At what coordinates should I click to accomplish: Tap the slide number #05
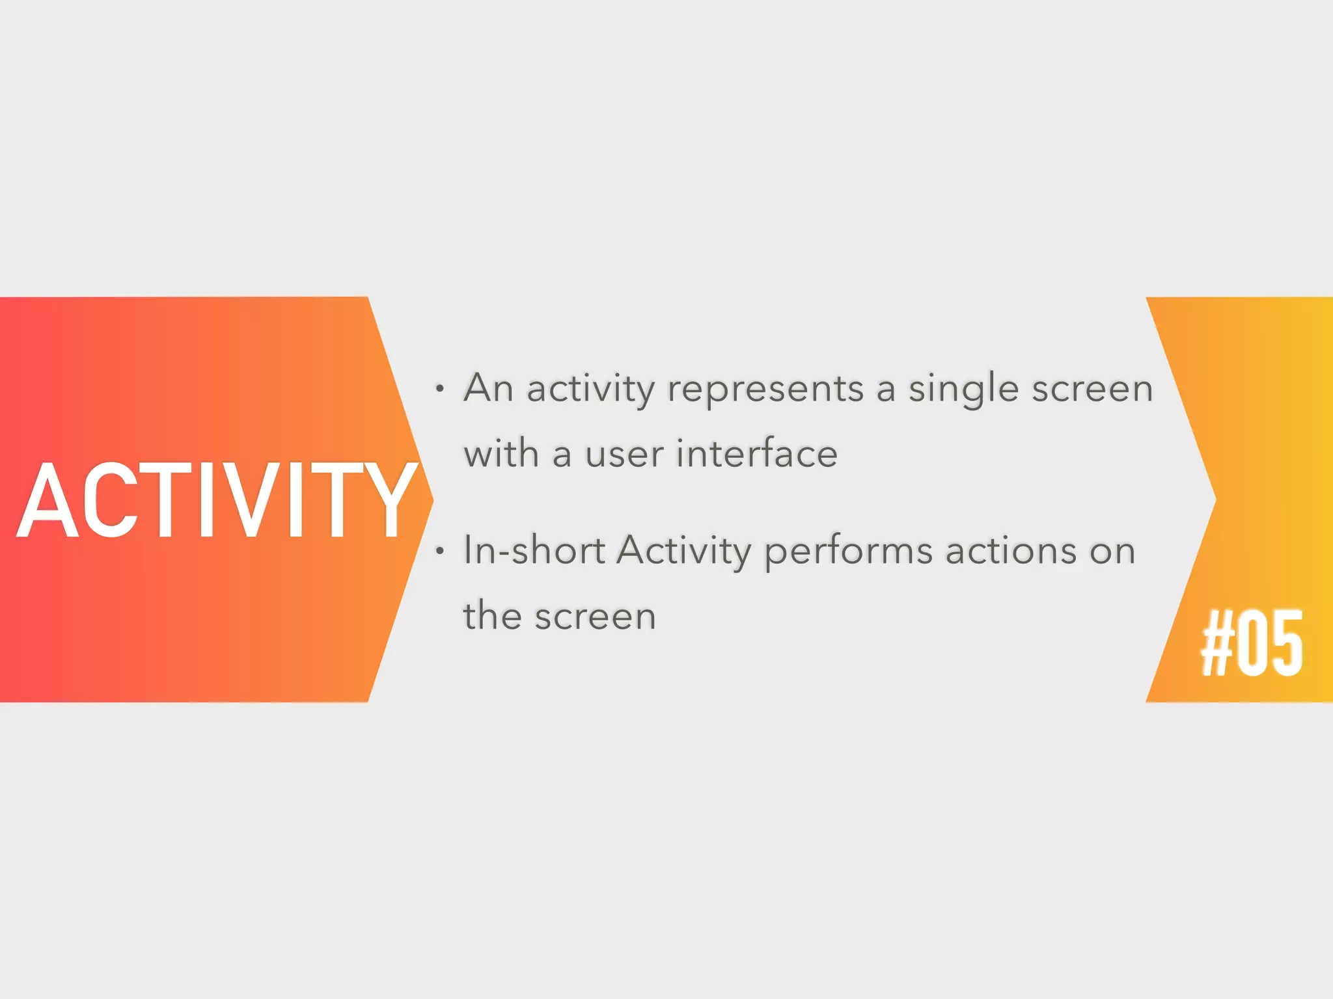[x=1251, y=643]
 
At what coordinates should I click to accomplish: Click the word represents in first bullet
[x=765, y=389]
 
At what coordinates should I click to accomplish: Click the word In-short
[x=534, y=550]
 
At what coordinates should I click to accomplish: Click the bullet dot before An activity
[x=441, y=390]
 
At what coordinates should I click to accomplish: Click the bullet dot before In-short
[x=441, y=552]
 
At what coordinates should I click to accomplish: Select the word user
[x=624, y=455]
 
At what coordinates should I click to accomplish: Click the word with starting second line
[x=501, y=453]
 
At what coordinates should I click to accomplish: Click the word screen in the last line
[x=595, y=617]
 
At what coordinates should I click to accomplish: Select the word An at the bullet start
[x=489, y=388]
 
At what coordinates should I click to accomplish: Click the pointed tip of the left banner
[x=431, y=499]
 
